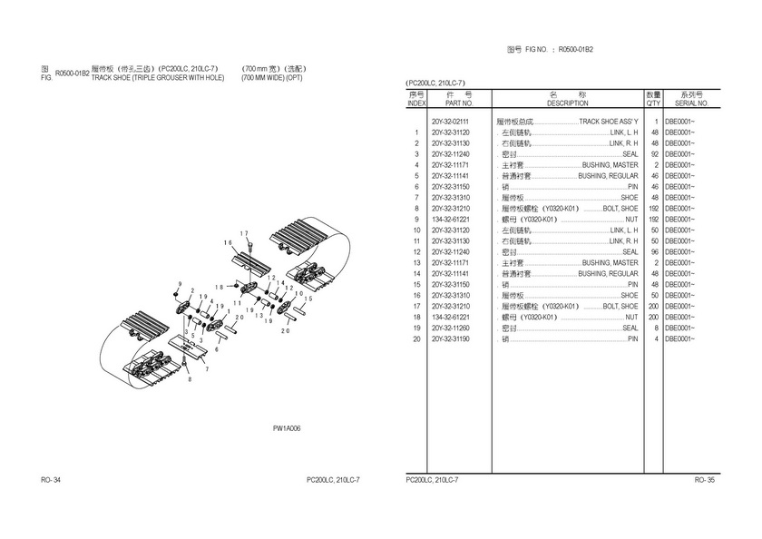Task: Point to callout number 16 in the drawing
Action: pyautogui.click(x=229, y=242)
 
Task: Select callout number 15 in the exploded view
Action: pyautogui.click(x=308, y=299)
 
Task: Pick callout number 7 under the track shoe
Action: pyautogui.click(x=206, y=369)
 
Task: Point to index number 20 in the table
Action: pyautogui.click(x=415, y=338)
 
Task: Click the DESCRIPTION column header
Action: pyautogui.click(x=567, y=103)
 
